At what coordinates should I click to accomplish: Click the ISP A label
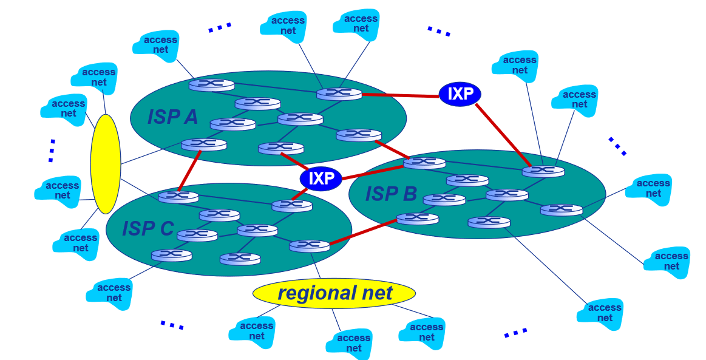tap(172, 116)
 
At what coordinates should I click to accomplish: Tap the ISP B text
tap(391, 194)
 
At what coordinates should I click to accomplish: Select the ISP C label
tap(148, 228)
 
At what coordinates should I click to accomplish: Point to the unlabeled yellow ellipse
tap(105, 164)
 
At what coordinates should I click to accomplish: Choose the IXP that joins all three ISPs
tap(321, 178)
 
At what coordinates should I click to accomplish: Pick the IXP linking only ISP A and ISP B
tap(460, 93)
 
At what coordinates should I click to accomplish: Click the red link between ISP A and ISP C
tap(190, 170)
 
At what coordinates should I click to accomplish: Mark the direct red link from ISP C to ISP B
tap(362, 231)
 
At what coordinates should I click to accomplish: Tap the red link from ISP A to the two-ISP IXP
tap(400, 95)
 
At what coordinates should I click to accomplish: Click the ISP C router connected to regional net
tap(309, 245)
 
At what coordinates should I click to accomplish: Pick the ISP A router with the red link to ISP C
tap(203, 144)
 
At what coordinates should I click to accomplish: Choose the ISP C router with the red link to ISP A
tap(178, 196)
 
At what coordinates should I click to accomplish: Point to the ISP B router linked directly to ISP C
tap(417, 218)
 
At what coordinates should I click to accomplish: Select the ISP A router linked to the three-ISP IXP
tap(280, 148)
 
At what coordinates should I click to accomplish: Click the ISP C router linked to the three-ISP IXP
tap(292, 205)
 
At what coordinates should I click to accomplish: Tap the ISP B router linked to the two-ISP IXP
tap(543, 171)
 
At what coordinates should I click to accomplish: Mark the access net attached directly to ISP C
tap(110, 293)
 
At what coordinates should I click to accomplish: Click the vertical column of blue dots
tap(52, 150)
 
